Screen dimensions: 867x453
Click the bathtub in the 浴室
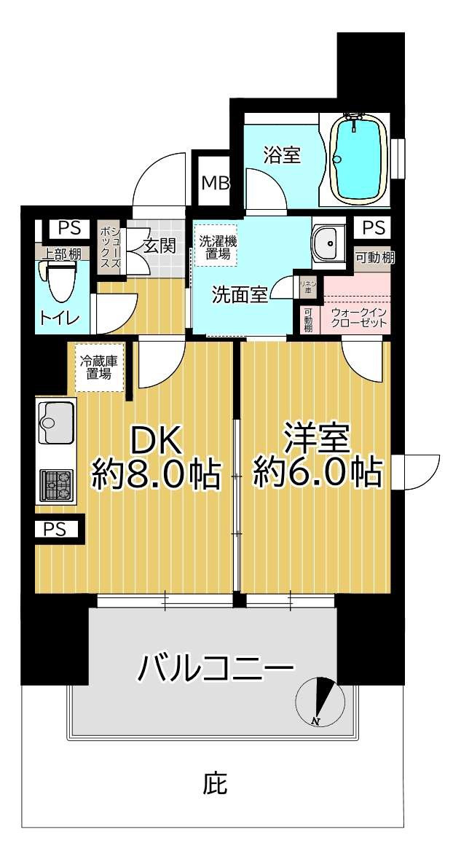click(359, 158)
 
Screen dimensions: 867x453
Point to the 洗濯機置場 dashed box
click(216, 246)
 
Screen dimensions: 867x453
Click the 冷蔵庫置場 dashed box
click(98, 366)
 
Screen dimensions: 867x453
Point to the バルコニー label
click(217, 667)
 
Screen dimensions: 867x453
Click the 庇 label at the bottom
click(216, 784)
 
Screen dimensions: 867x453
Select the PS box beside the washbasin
click(372, 228)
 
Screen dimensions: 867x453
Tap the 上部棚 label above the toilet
click(63, 254)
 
